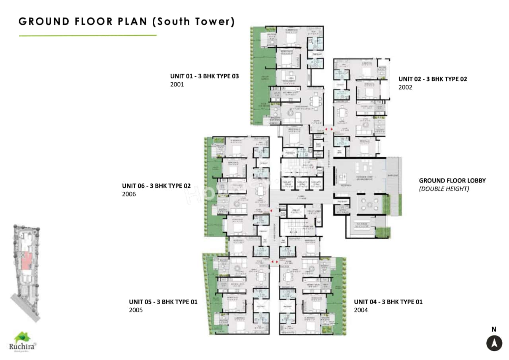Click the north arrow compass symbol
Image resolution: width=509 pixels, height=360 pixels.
494,343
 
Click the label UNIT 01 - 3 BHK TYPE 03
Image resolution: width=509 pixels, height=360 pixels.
204,76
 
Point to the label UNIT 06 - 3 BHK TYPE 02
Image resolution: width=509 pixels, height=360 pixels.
156,186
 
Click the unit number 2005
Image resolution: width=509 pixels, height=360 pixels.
136,310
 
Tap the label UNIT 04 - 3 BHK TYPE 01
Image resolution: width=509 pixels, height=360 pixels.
388,302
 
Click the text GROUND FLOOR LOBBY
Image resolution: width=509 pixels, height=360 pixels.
452,181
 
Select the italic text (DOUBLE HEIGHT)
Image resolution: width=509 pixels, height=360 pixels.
444,189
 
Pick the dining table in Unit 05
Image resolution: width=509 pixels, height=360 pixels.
260,275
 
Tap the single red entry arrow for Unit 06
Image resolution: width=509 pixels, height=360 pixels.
271,210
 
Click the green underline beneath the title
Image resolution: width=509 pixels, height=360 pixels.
87,35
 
